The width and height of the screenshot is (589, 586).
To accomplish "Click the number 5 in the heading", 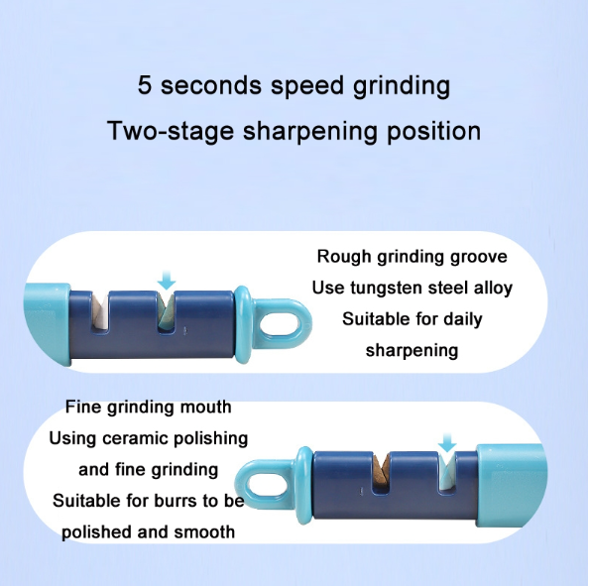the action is point(145,85).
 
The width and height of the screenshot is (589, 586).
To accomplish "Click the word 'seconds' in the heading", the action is point(211,85).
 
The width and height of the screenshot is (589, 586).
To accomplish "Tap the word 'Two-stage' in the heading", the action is point(171,131).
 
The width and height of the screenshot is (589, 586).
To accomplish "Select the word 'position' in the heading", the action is point(434,132).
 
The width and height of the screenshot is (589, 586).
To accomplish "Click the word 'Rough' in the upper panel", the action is point(344,258).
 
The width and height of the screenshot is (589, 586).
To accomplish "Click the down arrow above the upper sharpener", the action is point(167,280).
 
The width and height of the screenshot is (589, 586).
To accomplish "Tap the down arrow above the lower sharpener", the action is point(447,442).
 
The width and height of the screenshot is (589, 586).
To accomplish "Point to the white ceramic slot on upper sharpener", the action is point(100,310).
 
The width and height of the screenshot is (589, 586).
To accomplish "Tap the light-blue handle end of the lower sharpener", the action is point(511,485).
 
